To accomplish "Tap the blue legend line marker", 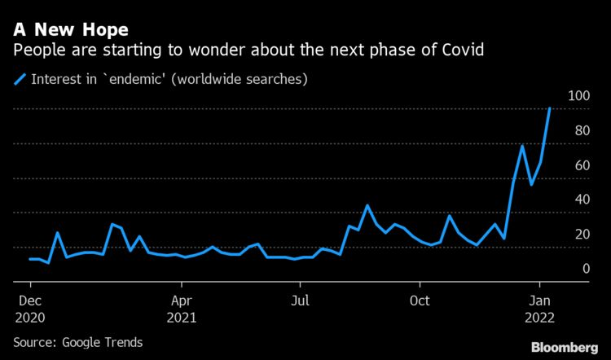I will [19, 79].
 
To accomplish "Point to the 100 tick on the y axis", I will [578, 96].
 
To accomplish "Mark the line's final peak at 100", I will [550, 108].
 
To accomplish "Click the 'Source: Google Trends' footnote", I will [77, 342].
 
